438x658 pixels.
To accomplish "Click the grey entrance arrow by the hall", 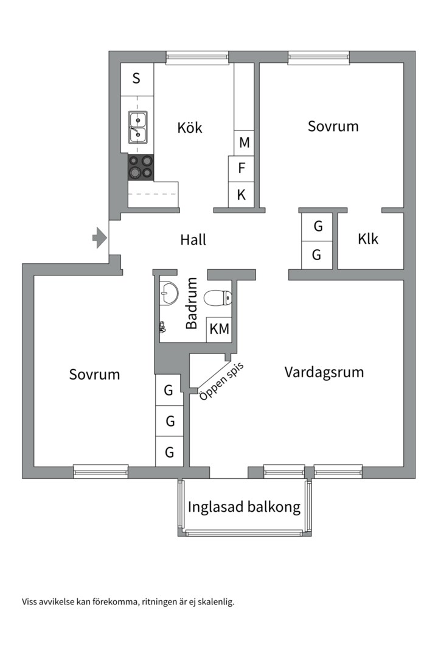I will [99, 238].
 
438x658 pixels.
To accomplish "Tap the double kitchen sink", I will [137, 127].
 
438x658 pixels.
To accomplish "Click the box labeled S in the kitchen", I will [136, 79].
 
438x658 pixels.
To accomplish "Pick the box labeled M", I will [244, 143].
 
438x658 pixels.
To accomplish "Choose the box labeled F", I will [241, 168].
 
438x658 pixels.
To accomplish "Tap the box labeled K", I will [241, 195].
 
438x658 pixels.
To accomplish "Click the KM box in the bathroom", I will [219, 330].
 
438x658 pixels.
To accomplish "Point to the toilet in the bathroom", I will [218, 298].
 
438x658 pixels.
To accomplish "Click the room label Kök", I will [190, 128].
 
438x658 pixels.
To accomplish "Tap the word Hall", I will [193, 240].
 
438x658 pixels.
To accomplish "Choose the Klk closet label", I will [367, 239].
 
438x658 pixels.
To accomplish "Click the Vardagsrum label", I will [324, 372].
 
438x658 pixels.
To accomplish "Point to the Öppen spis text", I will [221, 381].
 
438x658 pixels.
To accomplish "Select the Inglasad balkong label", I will [244, 507].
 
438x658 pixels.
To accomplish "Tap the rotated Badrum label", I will [192, 303].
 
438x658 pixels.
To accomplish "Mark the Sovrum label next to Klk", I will [333, 126].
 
